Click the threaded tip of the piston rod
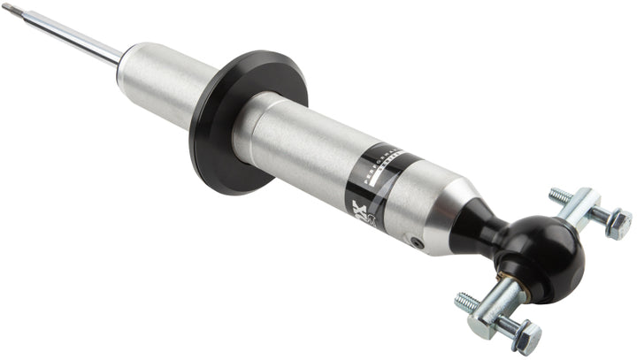coord(9,9)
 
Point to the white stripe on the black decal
coord(376,181)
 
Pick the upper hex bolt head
coord(618,223)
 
